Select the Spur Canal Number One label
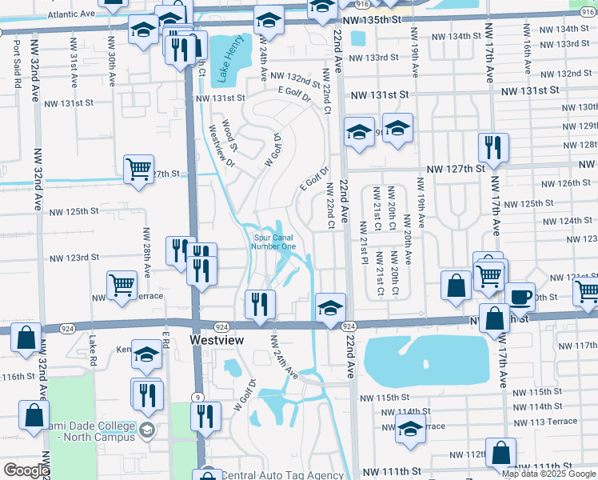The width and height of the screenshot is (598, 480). [274, 242]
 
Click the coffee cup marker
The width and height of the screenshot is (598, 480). [520, 297]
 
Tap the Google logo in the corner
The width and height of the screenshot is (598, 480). [26, 470]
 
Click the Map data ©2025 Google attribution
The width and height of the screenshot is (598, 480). [548, 474]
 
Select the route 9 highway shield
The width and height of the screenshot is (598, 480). [196, 396]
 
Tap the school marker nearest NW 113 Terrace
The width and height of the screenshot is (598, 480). [410, 430]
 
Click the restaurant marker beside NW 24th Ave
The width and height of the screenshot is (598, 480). [260, 303]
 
